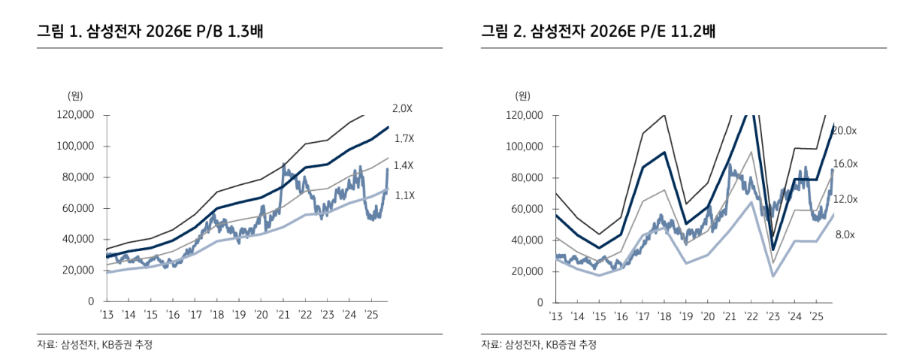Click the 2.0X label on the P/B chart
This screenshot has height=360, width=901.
pos(403,109)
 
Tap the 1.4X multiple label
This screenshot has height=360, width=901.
pos(403,165)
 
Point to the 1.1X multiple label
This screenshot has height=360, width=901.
pos(405,195)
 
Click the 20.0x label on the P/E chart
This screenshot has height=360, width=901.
pos(845,131)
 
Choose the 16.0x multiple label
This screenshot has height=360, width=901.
pos(845,163)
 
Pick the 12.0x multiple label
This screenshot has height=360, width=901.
pos(845,199)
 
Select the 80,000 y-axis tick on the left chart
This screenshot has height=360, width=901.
pos(79,177)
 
